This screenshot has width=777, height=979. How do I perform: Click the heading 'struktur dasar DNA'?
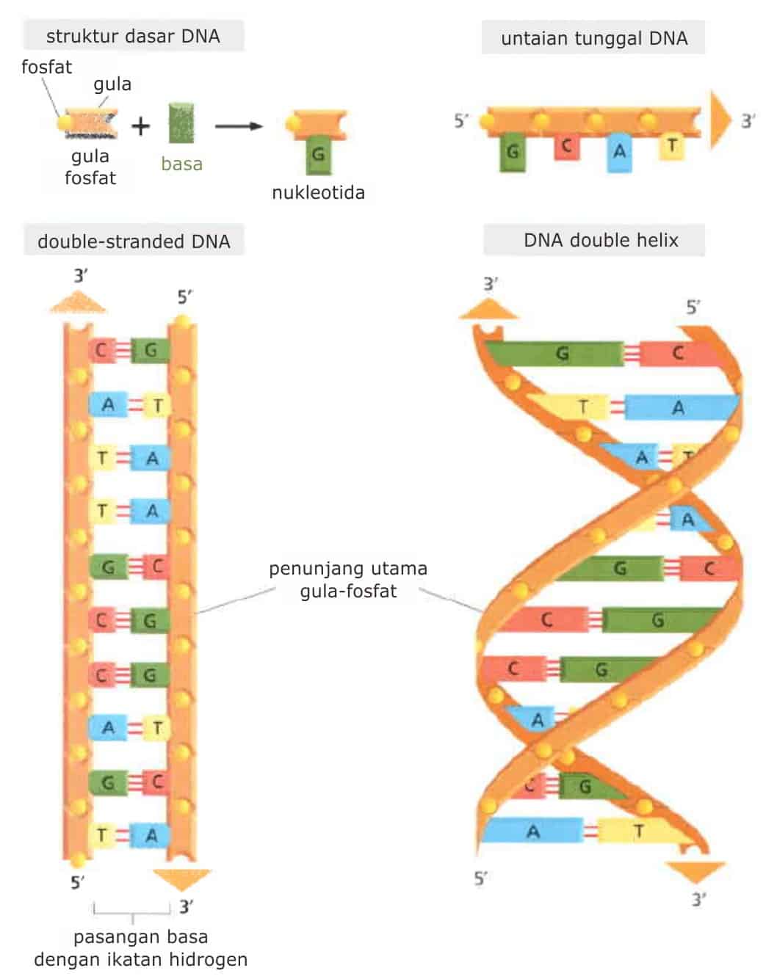click(x=133, y=36)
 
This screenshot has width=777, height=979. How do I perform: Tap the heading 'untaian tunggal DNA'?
click(x=593, y=38)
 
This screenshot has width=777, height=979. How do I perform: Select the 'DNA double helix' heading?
click(x=601, y=240)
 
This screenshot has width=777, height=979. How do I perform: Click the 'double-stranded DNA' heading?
click(x=134, y=241)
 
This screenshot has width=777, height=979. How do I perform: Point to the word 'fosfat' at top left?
click(x=46, y=68)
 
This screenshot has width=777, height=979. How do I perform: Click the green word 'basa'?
click(x=181, y=164)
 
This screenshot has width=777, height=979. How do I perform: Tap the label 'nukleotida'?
click(x=318, y=193)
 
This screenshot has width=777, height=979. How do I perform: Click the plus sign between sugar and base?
click(x=140, y=126)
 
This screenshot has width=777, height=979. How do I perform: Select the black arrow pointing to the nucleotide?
click(x=239, y=126)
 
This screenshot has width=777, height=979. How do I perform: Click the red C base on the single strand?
click(x=566, y=147)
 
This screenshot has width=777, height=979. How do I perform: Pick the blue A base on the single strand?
click(x=619, y=153)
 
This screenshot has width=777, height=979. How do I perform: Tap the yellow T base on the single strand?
click(x=671, y=146)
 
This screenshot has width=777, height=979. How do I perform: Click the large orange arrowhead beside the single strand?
click(x=720, y=120)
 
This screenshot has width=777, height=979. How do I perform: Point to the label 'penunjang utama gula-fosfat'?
click(x=348, y=580)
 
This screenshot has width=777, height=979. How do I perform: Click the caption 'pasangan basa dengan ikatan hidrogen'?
click(x=141, y=948)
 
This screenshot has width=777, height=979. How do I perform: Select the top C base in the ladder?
click(x=101, y=350)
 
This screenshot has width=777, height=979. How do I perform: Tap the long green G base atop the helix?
click(x=562, y=354)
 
